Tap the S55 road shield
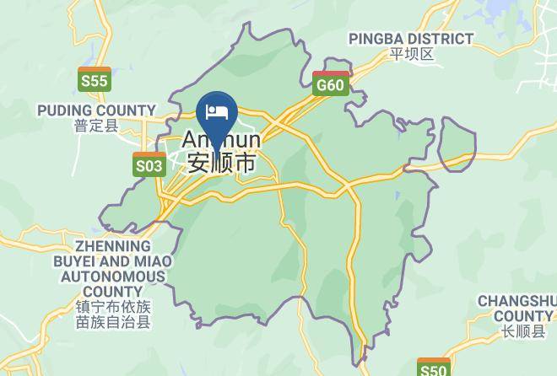(94, 79)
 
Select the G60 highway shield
(330, 83)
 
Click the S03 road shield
(149, 164)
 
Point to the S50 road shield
(434, 368)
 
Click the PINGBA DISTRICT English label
(411, 39)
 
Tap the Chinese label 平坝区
(411, 54)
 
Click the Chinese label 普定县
(96, 126)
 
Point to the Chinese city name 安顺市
(222, 161)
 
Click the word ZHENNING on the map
(112, 246)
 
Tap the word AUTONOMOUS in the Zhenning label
(113, 277)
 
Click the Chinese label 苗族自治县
(112, 322)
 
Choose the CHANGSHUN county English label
(516, 301)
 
